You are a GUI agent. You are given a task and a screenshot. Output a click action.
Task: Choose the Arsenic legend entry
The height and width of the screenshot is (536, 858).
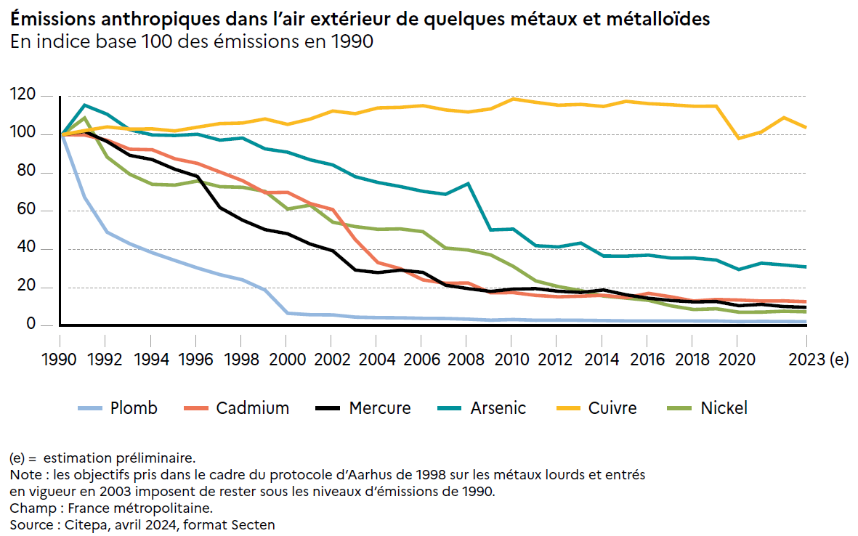[x=498, y=408]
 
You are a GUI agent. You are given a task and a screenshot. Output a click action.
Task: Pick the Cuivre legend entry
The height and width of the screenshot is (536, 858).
[x=612, y=408]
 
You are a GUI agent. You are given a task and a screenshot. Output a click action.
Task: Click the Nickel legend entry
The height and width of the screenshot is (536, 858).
[x=724, y=408]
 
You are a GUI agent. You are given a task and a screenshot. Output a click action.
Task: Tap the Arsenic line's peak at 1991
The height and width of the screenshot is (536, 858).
[x=84, y=105]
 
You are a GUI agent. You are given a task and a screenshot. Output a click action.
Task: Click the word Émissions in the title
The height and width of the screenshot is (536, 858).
[x=54, y=20]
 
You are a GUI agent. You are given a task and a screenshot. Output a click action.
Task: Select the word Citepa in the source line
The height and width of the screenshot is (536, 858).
[x=86, y=524]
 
